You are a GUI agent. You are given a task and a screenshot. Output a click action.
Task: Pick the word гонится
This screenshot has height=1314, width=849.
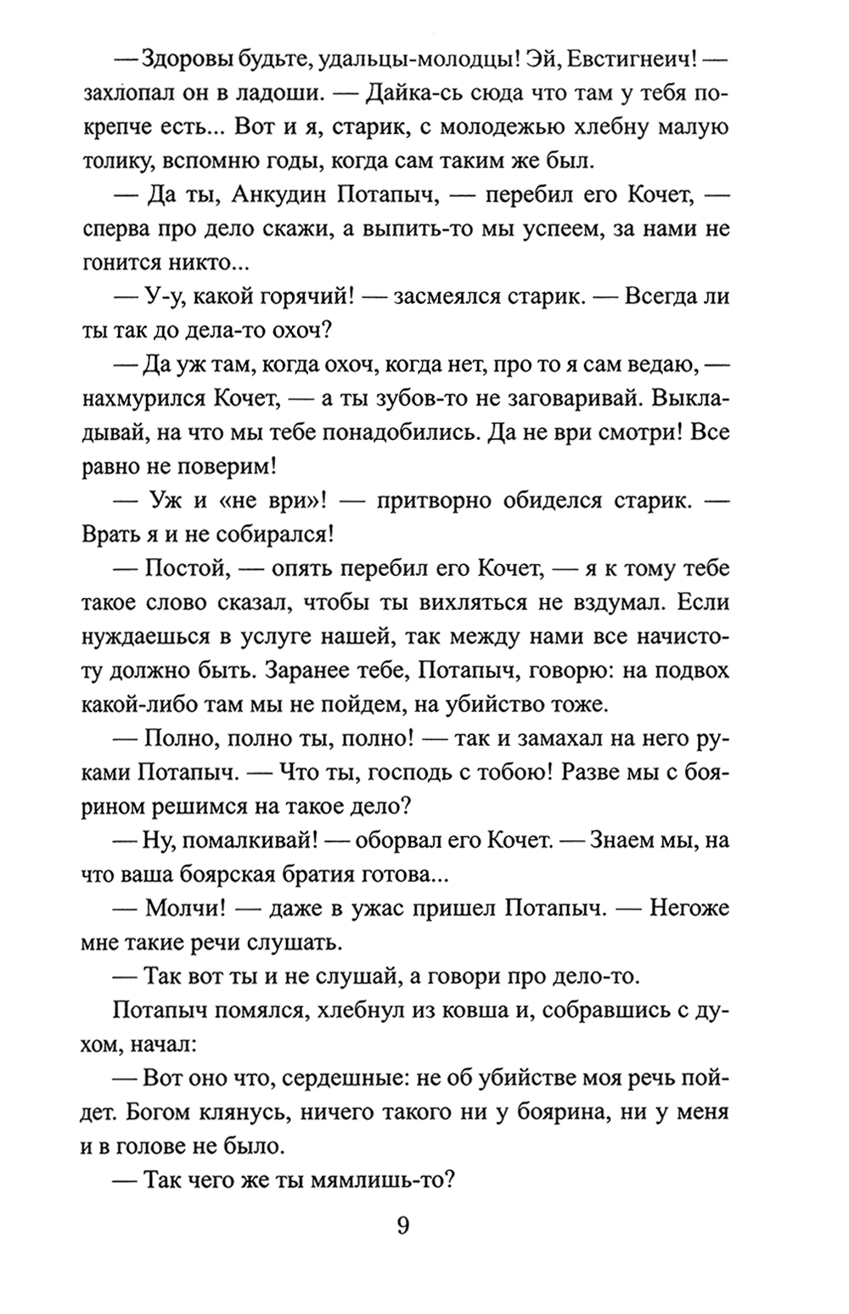coord(120,263)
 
